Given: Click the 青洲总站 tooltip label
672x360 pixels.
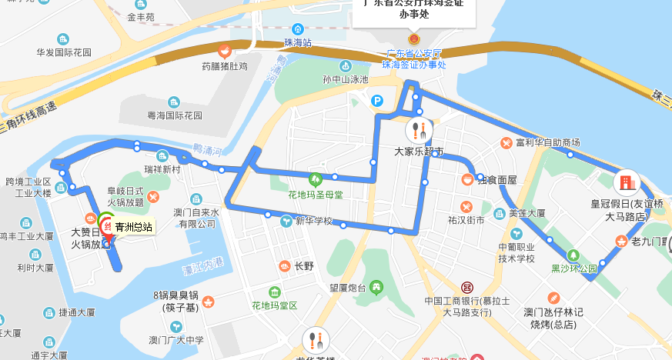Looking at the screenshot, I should click(133, 227).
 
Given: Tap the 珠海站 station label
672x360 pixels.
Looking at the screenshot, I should click(297, 42).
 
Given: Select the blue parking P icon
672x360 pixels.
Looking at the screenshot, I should click(377, 100).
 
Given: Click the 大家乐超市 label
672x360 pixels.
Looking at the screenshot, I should click(419, 151).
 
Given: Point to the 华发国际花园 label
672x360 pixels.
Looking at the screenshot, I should click(64, 53).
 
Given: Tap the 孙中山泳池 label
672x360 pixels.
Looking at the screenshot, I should click(346, 80).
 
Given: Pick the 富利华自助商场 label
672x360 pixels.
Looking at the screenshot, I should click(547, 142).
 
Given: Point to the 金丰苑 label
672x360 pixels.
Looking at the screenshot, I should click(141, 16).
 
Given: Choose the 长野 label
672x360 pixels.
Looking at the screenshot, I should click(303, 266).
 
